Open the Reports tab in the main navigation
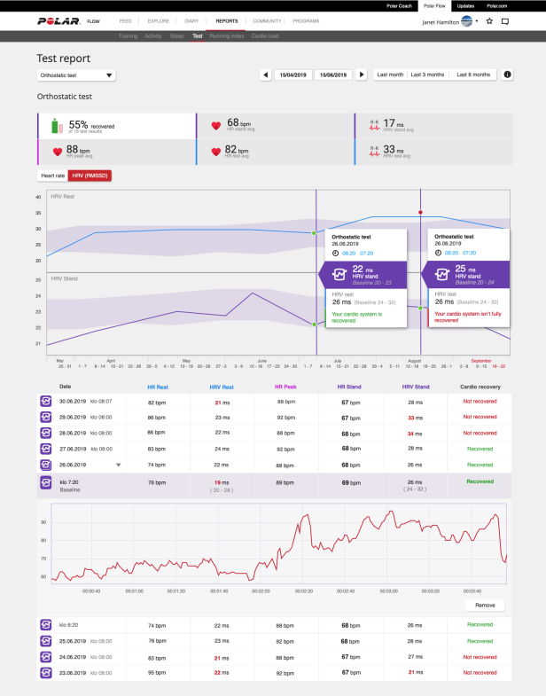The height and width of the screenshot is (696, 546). (226, 20)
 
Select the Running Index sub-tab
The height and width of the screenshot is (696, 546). (228, 36)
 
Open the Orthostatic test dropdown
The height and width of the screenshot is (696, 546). (76, 75)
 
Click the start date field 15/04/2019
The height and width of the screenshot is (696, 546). (292, 75)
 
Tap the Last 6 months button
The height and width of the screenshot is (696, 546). (473, 75)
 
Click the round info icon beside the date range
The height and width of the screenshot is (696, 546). (507, 75)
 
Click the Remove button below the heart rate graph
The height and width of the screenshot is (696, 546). (484, 606)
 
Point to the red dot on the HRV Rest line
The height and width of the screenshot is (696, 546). (420, 213)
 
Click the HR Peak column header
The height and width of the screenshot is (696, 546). (285, 387)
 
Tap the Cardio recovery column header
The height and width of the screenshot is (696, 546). (480, 387)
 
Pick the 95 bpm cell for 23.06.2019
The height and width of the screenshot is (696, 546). (156, 673)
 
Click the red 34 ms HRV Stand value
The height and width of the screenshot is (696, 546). (411, 433)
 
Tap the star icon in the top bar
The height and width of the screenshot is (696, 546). (489, 20)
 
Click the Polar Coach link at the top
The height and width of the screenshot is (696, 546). (397, 4)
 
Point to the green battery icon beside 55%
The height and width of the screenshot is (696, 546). (56, 126)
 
